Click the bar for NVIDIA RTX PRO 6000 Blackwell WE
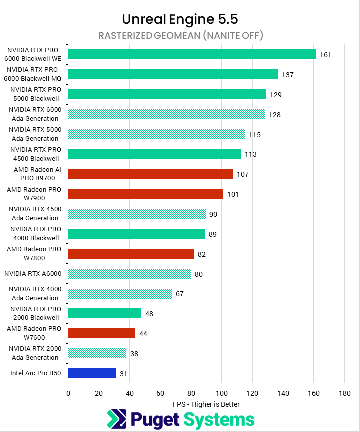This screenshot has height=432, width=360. pos(192,54)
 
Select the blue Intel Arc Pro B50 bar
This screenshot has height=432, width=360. pos(92,373)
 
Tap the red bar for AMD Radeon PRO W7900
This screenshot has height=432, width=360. pos(145,194)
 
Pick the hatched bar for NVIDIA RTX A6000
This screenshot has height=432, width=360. pos(129,274)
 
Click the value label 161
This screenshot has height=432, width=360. pos(326,55)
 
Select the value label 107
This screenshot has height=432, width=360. pos(243,174)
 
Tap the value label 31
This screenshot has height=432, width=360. pos(124,373)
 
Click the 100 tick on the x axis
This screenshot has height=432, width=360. pos(222,393)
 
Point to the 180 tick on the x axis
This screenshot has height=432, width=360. pos(344,393)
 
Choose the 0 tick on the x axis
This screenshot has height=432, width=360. pos(68,393)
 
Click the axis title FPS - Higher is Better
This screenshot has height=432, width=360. pos(206,404)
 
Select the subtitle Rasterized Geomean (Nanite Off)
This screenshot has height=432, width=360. pos(180,35)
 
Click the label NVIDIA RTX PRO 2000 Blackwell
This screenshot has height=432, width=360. pos(34,313)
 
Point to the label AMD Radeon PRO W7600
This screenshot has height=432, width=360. pos(34,333)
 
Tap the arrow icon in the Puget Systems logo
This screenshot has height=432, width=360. pos(117,419)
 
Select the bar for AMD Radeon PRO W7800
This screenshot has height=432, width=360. pos(131,254)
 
